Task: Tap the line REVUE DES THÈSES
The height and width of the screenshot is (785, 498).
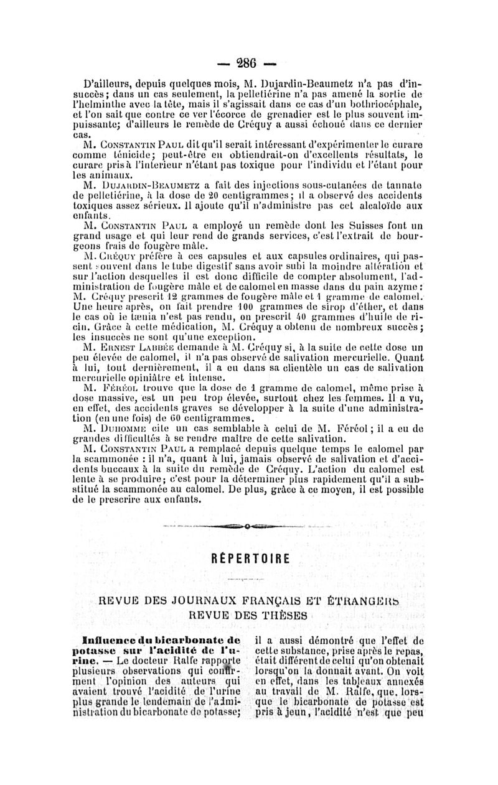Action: pos(249,615)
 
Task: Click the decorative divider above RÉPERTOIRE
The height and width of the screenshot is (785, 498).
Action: pos(248,526)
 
